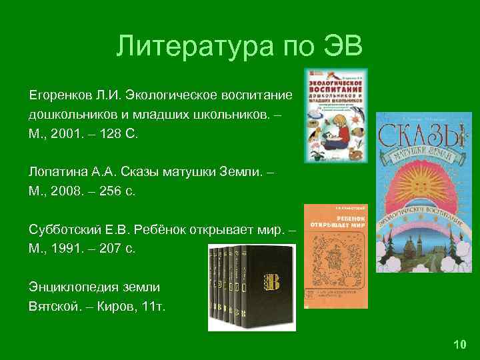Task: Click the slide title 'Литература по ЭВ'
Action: [239, 47]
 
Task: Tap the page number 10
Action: [459, 345]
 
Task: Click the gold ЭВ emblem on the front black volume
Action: [272, 281]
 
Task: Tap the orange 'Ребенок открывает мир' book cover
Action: [335, 256]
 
